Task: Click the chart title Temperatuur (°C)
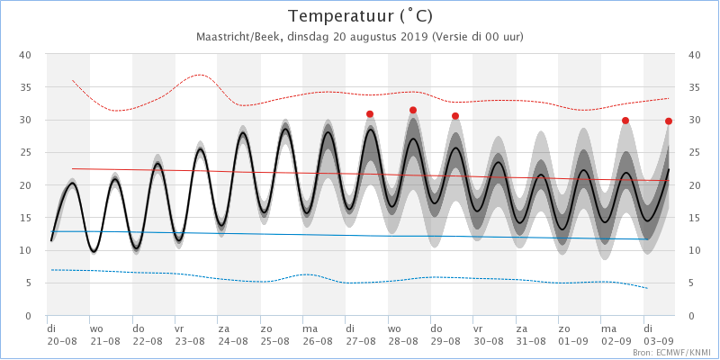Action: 360,16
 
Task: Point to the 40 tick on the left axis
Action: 26,55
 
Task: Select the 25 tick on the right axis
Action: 693,153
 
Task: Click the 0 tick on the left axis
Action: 30,316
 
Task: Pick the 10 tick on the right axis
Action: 693,251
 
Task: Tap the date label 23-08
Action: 189,342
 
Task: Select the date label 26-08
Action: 317,342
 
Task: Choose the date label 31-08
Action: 530,342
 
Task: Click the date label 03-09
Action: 658,342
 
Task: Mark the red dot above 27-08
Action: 370,114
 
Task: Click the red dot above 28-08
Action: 413,110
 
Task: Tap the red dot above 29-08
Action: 455,115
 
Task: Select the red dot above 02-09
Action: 625,121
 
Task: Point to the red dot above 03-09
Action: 669,121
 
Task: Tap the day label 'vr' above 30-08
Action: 478,329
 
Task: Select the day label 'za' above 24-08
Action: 222,329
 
